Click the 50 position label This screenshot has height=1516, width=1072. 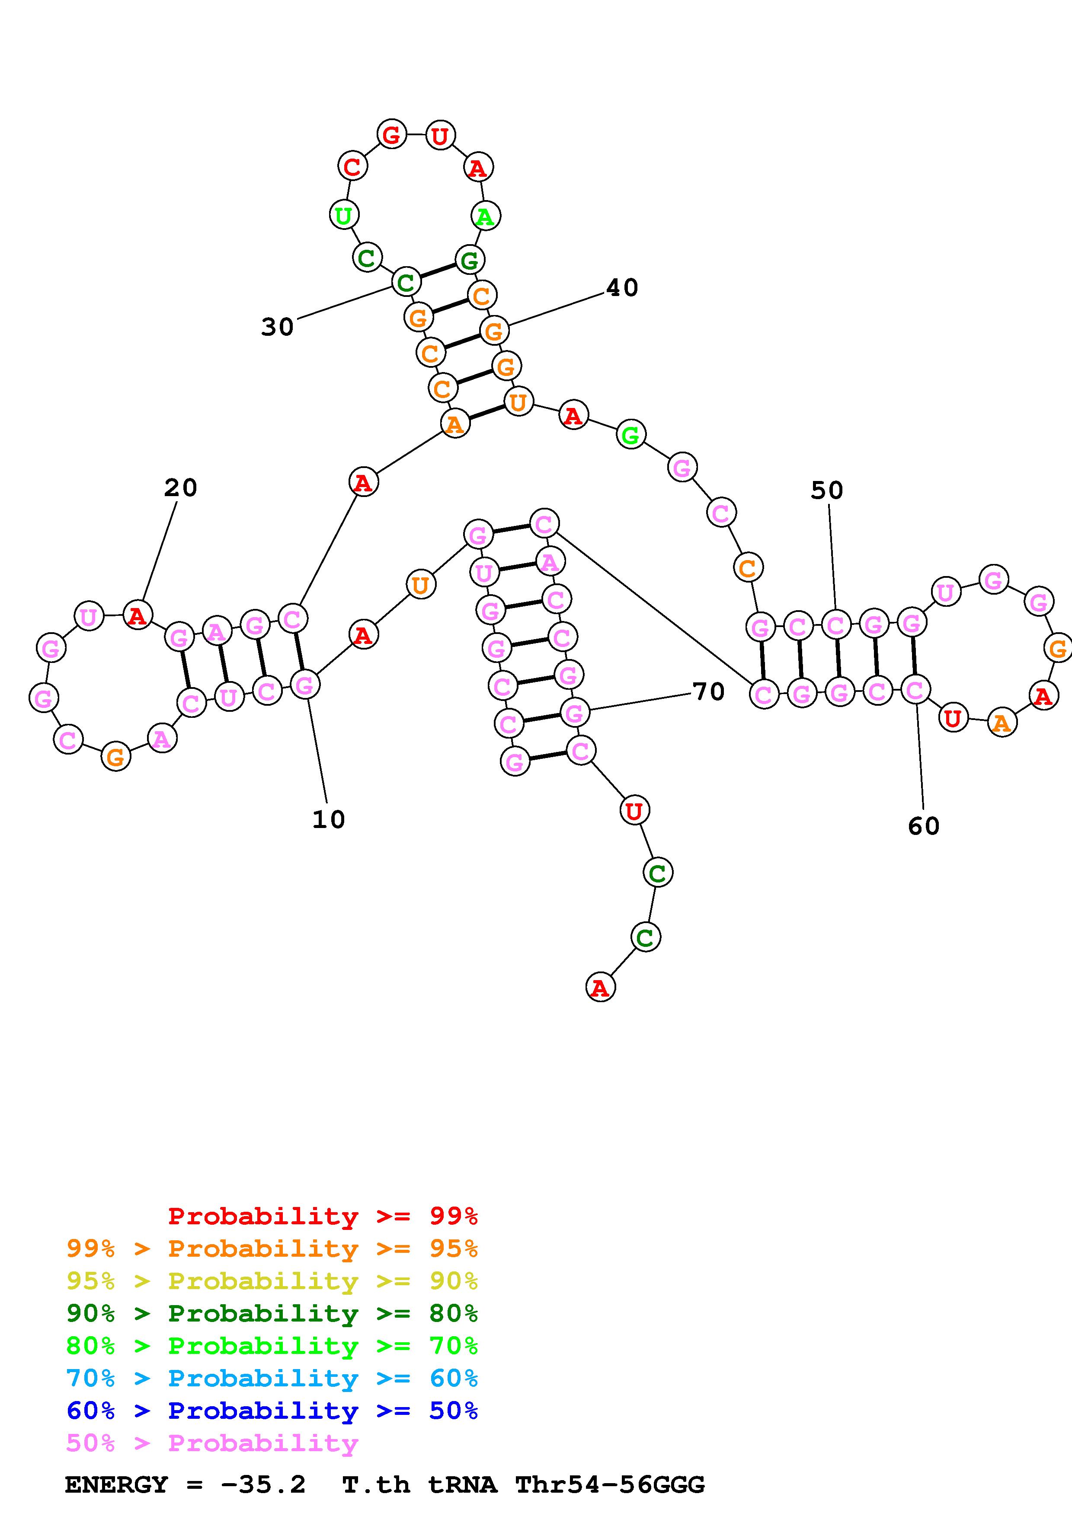(x=827, y=490)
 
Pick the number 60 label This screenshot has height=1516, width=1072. (x=923, y=825)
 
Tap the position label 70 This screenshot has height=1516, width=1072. (x=709, y=691)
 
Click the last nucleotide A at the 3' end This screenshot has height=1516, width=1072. (x=600, y=988)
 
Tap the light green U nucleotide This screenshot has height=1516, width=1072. (x=343, y=215)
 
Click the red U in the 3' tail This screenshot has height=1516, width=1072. (x=634, y=810)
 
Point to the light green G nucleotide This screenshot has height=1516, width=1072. (x=631, y=435)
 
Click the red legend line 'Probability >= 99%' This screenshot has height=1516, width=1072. (x=322, y=1216)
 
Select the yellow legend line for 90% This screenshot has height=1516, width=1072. (x=272, y=1281)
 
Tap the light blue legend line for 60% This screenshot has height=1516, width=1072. (x=272, y=1378)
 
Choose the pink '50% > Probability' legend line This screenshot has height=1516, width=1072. (x=211, y=1443)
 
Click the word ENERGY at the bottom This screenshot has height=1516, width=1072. (x=116, y=1485)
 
